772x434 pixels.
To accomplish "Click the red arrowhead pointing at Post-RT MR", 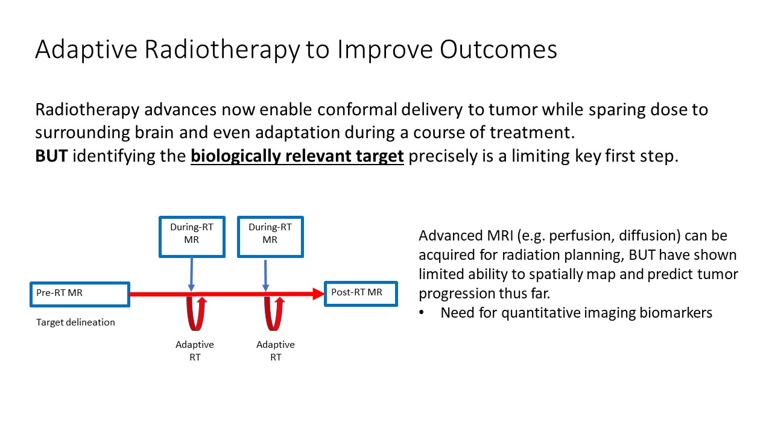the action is click(318, 294).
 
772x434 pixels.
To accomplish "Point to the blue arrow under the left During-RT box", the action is click(192, 274).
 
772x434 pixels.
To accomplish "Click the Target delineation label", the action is click(75, 322).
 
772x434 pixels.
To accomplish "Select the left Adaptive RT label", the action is click(195, 351).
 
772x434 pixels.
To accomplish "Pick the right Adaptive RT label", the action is click(276, 351).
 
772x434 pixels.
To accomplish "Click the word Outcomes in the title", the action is click(498, 49).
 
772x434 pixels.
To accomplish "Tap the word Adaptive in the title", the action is click(86, 50).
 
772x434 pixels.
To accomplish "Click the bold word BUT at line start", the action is click(51, 156).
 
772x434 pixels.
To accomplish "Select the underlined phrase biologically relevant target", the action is click(297, 157).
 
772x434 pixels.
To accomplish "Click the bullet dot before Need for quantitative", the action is click(422, 313).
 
